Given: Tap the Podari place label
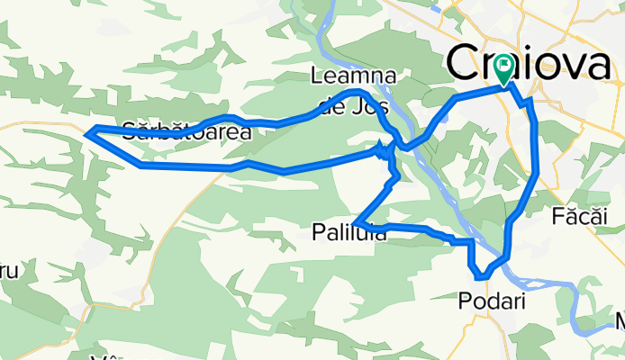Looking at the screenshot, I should click(492, 299).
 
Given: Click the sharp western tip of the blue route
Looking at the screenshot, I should click(87, 133).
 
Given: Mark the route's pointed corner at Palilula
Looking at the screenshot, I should click(356, 222).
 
